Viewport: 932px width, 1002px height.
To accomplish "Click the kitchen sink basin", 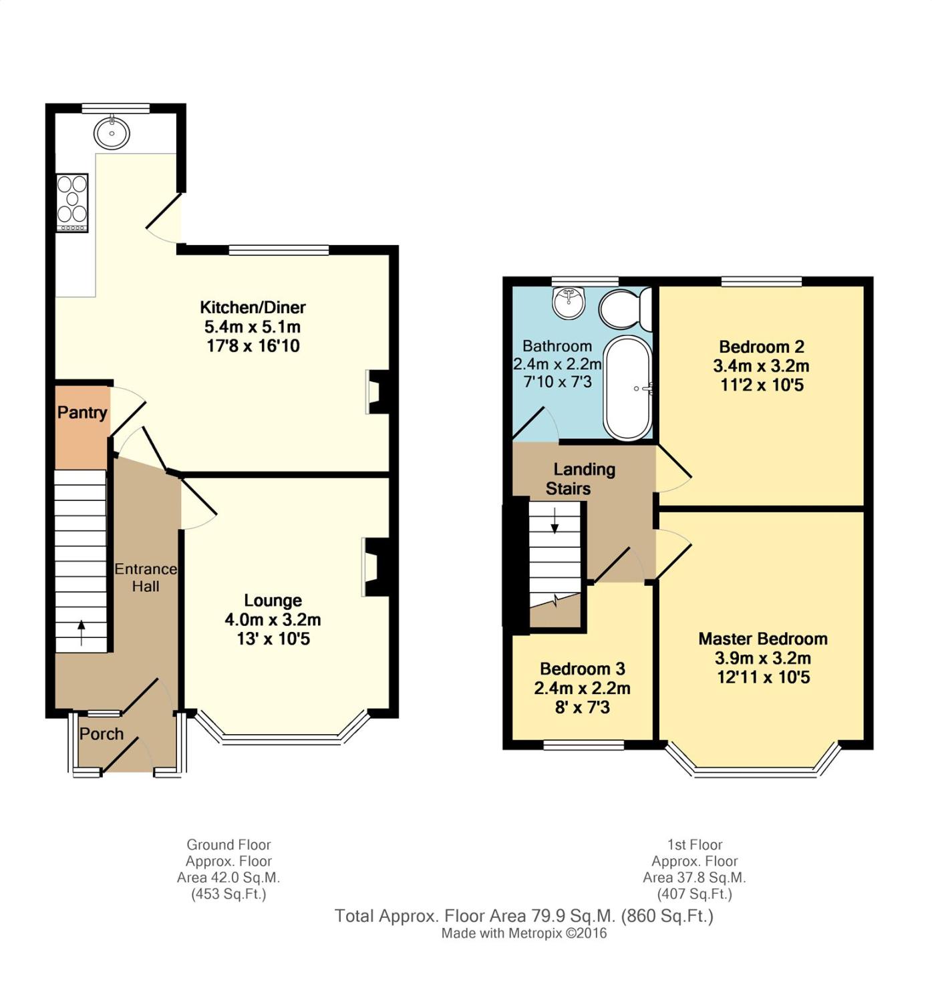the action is tap(112, 132).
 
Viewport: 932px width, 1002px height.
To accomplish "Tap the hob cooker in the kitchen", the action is tap(72, 203).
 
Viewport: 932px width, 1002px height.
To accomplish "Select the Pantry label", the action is tap(82, 413).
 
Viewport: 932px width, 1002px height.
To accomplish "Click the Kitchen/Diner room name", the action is tap(253, 307).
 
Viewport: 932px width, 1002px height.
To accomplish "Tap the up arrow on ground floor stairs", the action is tap(82, 633).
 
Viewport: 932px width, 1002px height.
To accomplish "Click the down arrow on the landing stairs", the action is tap(555, 520).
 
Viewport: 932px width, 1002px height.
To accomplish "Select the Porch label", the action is tap(102, 733).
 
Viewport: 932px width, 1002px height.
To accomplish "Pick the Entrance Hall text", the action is tap(146, 577).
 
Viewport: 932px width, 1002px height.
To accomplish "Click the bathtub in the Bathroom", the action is tap(628, 388).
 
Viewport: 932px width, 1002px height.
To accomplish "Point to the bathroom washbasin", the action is tap(569, 303).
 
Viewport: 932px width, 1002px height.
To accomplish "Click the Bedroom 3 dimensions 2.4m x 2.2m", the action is tap(583, 688).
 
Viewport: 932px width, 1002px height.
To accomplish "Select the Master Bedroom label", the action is tap(763, 639).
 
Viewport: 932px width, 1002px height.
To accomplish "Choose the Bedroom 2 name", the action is tap(762, 347).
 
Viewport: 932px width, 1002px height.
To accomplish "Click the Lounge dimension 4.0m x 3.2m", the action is tap(273, 619).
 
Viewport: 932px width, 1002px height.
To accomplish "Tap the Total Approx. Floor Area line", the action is tap(524, 916).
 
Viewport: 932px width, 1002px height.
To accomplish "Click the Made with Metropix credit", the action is tap(524, 933).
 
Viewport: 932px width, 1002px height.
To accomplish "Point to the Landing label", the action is tap(585, 470).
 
